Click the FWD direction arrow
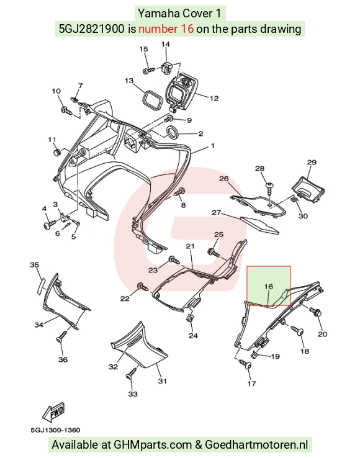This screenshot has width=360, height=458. (x=53, y=413)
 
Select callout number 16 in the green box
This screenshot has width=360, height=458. (x=269, y=287)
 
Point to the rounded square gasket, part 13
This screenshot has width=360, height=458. (x=152, y=100)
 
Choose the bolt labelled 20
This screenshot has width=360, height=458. (x=315, y=312)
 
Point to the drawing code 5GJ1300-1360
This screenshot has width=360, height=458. (x=55, y=430)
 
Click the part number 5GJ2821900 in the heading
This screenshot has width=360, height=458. (x=91, y=29)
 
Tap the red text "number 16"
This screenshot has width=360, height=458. (x=166, y=29)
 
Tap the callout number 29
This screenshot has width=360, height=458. (x=312, y=163)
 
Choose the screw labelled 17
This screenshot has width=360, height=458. (x=245, y=364)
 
